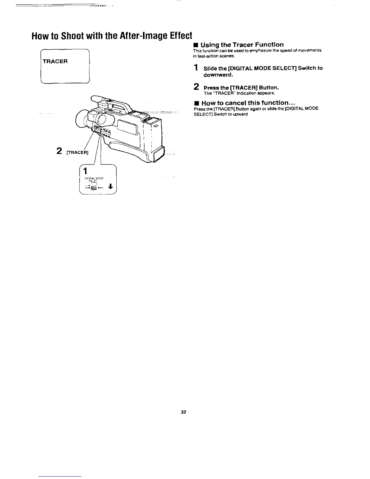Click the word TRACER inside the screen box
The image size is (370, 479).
[55, 61]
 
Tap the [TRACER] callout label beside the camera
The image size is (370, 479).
[77, 152]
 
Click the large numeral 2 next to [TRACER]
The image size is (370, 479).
[60, 151]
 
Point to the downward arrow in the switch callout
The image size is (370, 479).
[111, 187]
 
